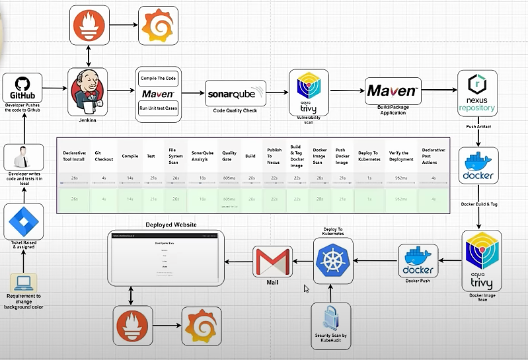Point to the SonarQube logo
click(235, 93)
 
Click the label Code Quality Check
click(235, 110)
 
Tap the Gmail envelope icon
click(272, 261)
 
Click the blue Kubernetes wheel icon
click(333, 260)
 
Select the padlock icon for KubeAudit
click(332, 318)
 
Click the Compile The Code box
click(159, 78)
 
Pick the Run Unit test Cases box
click(159, 108)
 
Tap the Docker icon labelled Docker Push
click(418, 261)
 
